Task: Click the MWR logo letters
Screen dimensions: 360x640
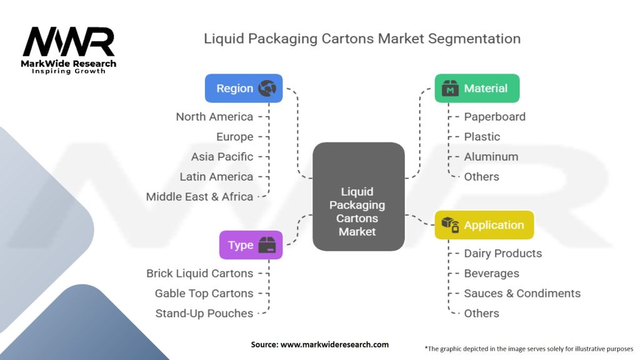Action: (x=69, y=42)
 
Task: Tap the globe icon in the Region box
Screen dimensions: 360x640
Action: (x=267, y=89)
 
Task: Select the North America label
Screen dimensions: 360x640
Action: (x=214, y=117)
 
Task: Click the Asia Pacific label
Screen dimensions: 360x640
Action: (x=222, y=157)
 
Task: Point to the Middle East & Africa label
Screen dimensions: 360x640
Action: (x=199, y=197)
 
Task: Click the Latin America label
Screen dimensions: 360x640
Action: (x=216, y=177)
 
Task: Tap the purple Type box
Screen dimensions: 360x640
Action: (x=251, y=245)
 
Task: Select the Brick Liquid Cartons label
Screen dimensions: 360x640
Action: (x=199, y=274)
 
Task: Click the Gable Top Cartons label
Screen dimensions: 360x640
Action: (x=204, y=294)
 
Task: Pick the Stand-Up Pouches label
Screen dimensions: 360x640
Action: (x=204, y=314)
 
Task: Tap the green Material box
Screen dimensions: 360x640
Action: (x=477, y=89)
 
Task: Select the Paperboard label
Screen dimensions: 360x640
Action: (x=494, y=117)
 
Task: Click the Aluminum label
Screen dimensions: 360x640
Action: (x=491, y=157)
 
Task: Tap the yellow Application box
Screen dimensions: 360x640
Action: (x=484, y=225)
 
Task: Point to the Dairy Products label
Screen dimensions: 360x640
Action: (x=502, y=254)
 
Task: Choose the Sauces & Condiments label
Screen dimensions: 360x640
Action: (x=522, y=294)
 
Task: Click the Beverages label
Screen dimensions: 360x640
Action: (x=491, y=274)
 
